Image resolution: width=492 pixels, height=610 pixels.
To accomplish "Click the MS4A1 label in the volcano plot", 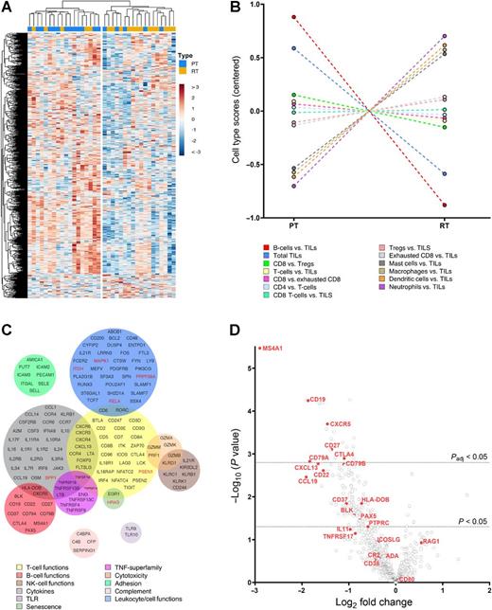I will (x=277, y=349).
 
